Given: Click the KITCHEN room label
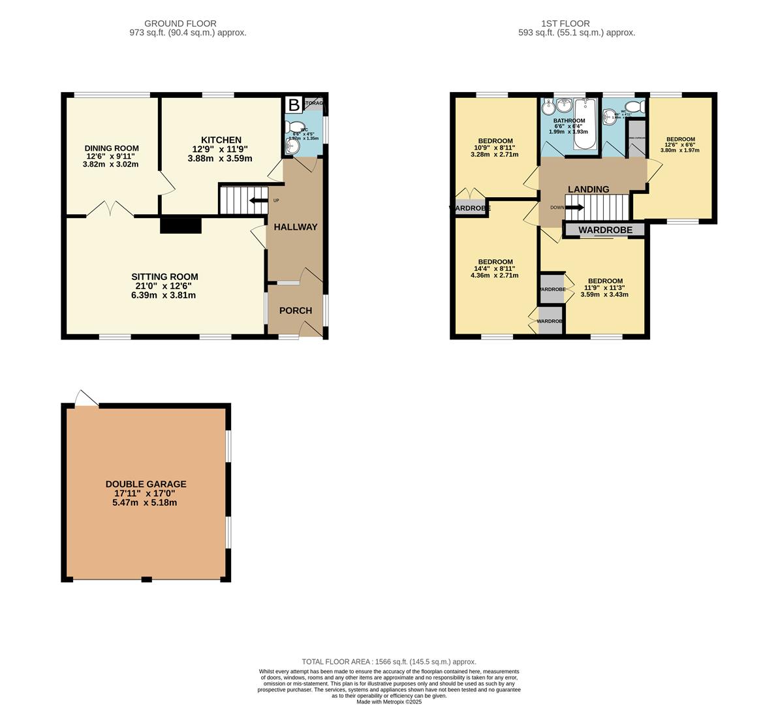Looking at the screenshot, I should point(221,140).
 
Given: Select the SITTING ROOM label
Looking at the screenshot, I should point(164,277).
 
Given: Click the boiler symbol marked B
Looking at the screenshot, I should point(294,105).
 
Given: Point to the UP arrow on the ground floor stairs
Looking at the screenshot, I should point(258,200).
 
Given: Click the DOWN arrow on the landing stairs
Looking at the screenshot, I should point(574,208).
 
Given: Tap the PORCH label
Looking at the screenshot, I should point(296,311).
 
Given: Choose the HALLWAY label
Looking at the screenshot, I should point(295,227).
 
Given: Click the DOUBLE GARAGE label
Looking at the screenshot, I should point(146,484).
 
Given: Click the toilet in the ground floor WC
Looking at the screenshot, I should point(296,127).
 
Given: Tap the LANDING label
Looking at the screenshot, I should point(588,189).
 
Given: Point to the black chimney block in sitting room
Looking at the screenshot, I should point(181,225).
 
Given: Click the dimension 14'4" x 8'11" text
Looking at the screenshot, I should point(494,268).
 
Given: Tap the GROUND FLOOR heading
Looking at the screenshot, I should point(180,23).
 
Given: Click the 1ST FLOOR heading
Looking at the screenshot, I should point(556,23).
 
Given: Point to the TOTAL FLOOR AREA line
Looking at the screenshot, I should point(389,661).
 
